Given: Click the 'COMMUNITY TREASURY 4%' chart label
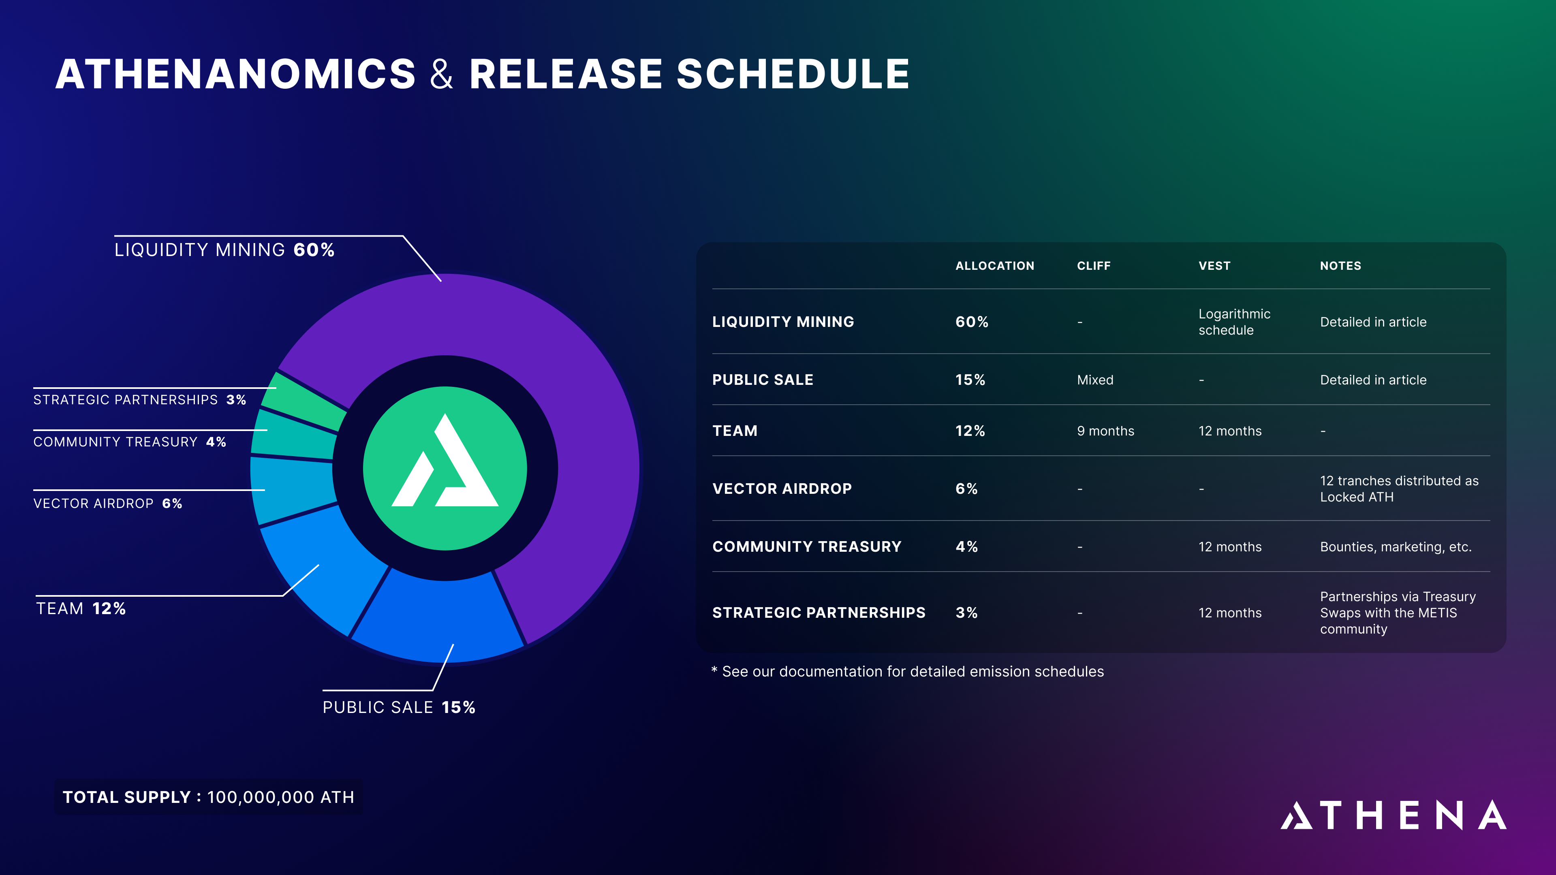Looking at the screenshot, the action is coord(130,442).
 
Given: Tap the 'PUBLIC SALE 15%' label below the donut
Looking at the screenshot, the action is coord(399,707).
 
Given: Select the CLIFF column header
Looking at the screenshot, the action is coord(1093,266).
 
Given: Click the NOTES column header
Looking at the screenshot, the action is coord(1340,266).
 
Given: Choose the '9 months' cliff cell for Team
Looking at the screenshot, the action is coord(1105,431).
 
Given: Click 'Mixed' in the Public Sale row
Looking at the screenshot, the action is coord(1095,380).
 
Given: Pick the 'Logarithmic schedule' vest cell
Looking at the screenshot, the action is coord(1234,322).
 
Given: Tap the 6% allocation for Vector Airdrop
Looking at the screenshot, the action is coord(966,489).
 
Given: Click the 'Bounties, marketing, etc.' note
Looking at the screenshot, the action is coord(1395,547).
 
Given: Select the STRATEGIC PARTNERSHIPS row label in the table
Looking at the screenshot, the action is coord(819,612).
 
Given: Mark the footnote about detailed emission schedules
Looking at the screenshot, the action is coord(907,672).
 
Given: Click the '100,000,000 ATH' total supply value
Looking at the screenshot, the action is coord(281,797).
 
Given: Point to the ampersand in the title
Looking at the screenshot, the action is coord(442,74).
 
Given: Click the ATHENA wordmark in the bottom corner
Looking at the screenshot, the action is coord(1394,815).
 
